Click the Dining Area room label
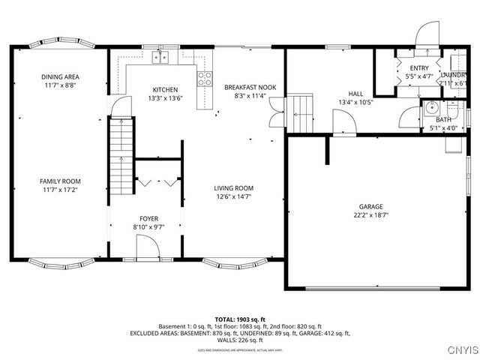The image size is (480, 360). coord(60,76)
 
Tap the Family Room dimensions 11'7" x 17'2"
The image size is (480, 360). coord(60,190)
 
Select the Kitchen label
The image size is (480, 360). coord(165,89)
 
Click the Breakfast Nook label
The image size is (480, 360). coord(250,88)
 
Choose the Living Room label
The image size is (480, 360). coord(233,188)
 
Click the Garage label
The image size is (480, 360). coord(370,206)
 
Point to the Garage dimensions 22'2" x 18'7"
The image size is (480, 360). coord(370,215)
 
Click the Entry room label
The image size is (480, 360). coord(419,68)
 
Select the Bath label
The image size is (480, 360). coord(442,119)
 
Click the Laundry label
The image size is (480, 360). coord(454,75)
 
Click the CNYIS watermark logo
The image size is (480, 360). coord(458,349)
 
